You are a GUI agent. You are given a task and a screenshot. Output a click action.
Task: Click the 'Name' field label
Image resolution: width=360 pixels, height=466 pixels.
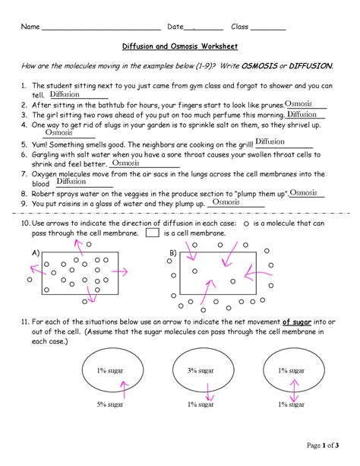coord(30,26)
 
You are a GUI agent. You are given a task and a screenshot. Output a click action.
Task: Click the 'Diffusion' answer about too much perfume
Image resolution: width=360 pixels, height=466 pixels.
coord(302,114)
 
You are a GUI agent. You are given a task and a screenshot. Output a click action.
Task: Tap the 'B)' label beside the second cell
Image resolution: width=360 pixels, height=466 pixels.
coord(172,252)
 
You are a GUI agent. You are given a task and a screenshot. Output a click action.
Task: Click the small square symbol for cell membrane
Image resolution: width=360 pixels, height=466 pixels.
coord(152,234)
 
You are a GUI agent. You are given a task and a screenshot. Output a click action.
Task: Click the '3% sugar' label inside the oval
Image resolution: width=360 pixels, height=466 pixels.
coord(201,370)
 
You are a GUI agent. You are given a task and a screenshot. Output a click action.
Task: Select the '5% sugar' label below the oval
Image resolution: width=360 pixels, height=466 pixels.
coord(110,404)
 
